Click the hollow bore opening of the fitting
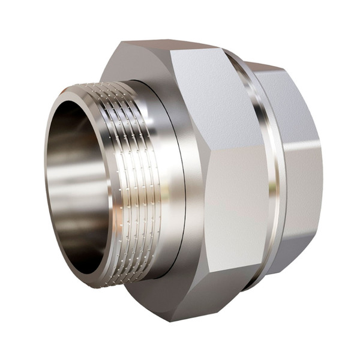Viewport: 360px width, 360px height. click(x=78, y=180)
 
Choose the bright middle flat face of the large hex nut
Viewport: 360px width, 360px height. click(x=237, y=192)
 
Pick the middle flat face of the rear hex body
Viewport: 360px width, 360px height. click(x=303, y=180)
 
